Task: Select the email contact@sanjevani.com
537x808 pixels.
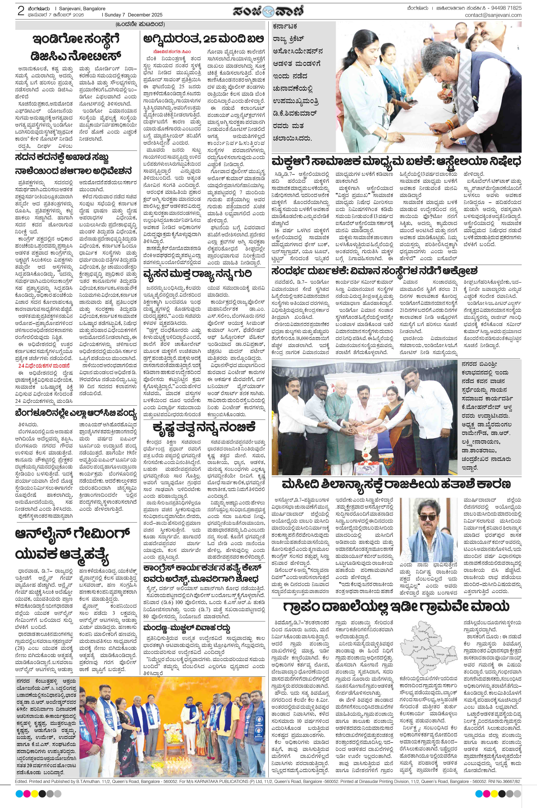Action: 493,15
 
